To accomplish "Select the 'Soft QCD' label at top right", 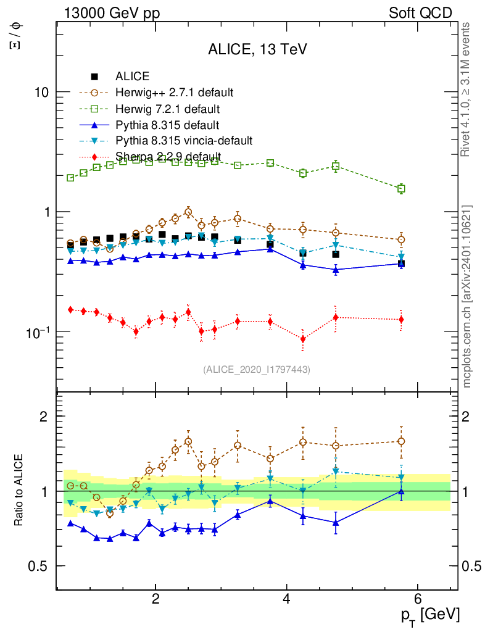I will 420,13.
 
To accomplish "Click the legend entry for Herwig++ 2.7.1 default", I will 174,93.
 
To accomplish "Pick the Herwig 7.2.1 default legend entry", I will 167,109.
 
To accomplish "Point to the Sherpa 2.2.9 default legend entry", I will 168,156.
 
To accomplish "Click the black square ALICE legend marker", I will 94,77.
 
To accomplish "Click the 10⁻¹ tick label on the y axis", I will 39,331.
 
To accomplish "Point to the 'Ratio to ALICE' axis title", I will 19,491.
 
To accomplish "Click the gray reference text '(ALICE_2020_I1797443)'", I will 257,370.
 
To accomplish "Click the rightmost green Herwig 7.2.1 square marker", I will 401,189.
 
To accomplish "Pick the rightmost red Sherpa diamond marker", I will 401,319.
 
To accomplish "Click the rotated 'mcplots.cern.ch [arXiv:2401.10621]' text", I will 467,296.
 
